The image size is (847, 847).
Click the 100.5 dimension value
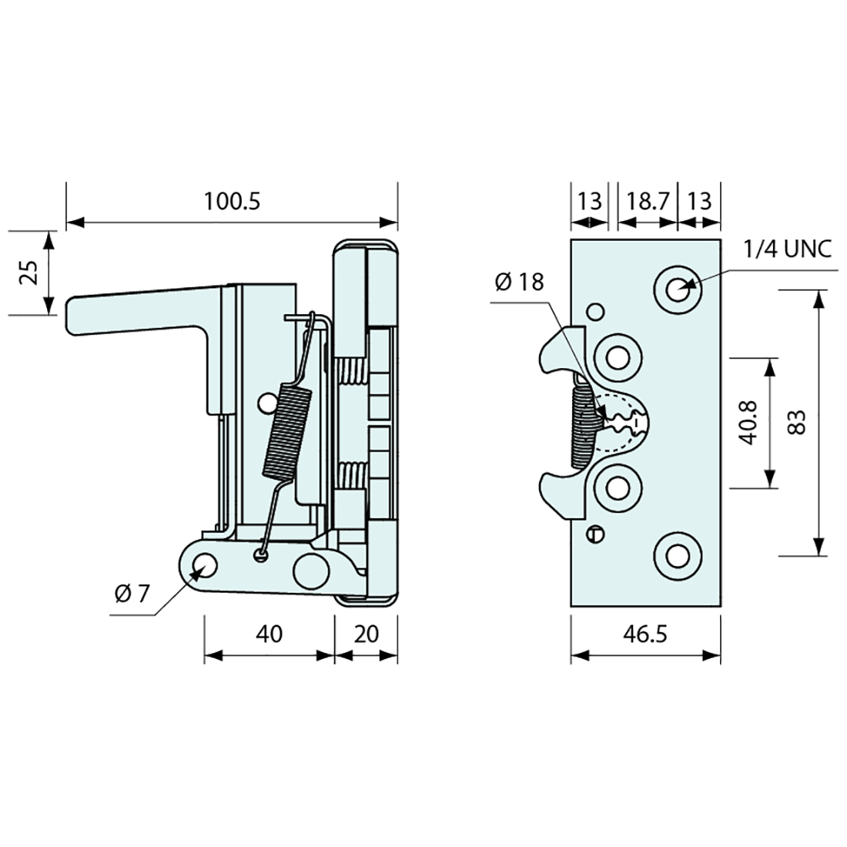233,201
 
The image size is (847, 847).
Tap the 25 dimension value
28,272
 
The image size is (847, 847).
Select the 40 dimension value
269,634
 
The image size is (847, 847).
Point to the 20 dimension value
367,634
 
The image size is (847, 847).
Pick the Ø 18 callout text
519,283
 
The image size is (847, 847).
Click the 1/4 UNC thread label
788,250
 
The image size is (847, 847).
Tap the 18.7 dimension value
647,202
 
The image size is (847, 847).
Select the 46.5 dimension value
645,634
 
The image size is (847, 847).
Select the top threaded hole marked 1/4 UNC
678,290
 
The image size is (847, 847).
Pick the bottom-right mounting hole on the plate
678,555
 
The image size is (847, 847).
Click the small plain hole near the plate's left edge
594,312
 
